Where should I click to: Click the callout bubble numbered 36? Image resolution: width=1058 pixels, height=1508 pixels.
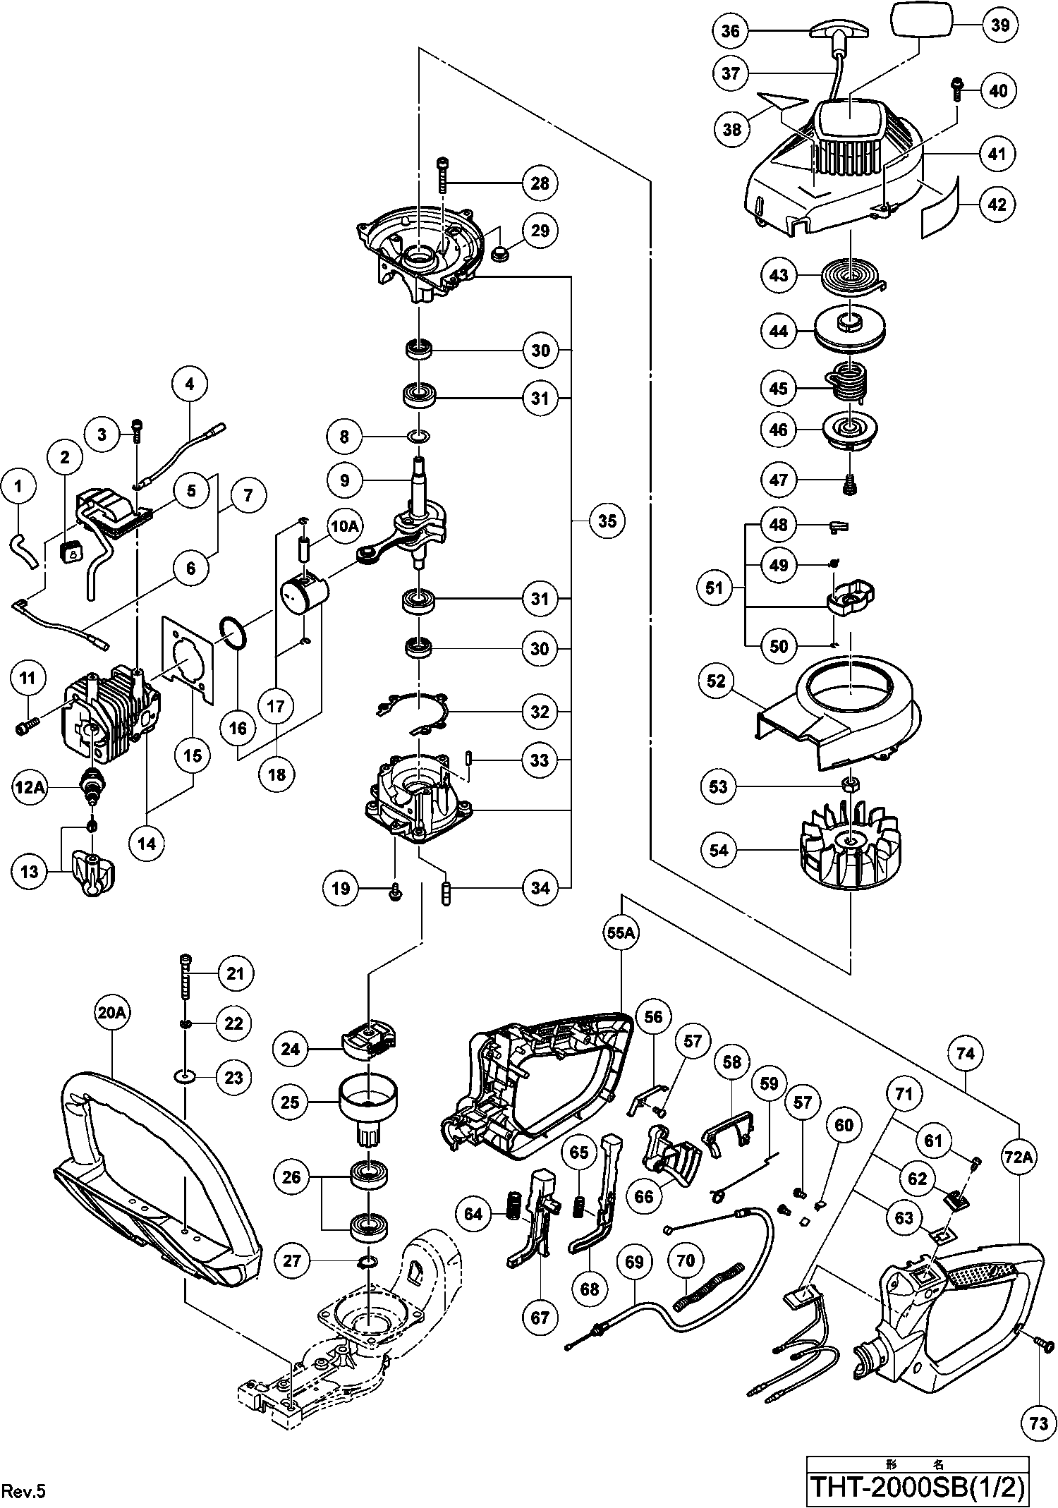click(x=731, y=31)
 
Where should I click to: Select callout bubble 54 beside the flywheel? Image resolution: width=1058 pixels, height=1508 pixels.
click(x=719, y=851)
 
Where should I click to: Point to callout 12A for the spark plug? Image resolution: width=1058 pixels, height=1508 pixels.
click(x=29, y=786)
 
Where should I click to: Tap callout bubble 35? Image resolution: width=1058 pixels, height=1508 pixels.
click(x=607, y=521)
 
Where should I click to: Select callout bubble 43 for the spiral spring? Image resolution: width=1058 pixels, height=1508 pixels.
click(x=779, y=274)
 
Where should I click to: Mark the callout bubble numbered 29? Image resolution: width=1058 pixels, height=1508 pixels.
click(x=540, y=231)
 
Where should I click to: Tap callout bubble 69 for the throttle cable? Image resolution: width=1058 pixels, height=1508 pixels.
click(x=635, y=1261)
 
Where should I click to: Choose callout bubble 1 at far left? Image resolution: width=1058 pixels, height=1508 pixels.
click(x=18, y=486)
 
